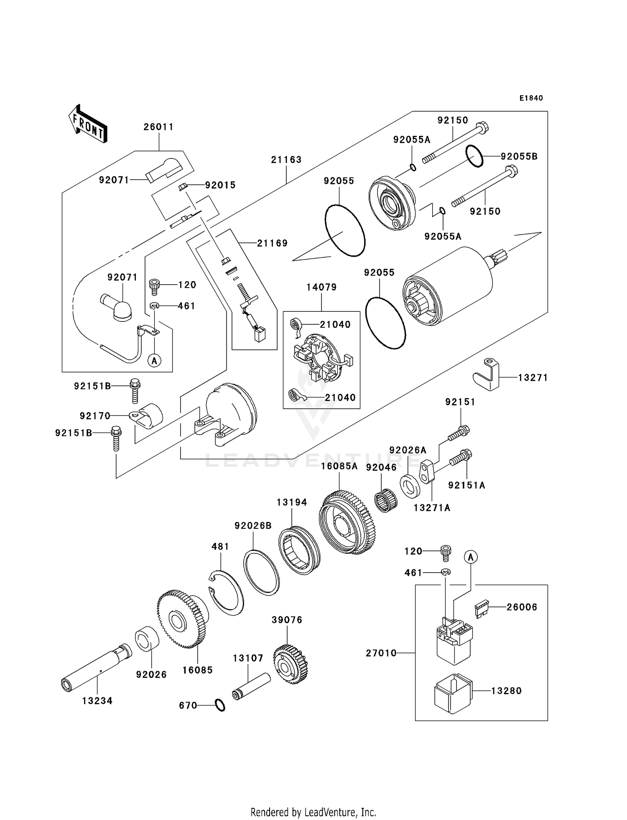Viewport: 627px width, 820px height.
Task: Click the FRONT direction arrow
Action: point(88,124)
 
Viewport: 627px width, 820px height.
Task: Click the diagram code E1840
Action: point(531,98)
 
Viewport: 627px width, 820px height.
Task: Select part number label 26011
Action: point(158,127)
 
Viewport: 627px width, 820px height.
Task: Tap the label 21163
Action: point(286,160)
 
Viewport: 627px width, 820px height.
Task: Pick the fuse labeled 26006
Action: point(482,609)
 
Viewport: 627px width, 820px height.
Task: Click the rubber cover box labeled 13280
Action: point(453,693)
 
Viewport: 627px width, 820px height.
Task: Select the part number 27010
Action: point(381,653)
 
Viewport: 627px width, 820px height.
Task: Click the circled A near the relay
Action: point(471,557)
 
